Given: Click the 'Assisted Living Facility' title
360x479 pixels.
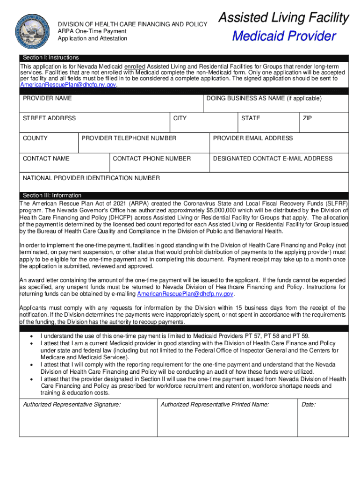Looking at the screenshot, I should click(x=284, y=18).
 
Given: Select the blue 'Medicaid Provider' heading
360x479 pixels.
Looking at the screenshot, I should click(x=284, y=36).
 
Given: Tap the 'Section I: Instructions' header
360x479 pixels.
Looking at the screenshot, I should click(x=51, y=58).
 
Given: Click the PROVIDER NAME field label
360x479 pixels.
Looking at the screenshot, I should click(x=47, y=98).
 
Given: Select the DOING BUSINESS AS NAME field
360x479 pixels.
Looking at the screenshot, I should click(x=264, y=98).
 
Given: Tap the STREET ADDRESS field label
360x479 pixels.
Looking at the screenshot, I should click(x=49, y=118).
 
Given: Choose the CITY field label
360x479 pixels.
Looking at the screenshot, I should click(x=180, y=118).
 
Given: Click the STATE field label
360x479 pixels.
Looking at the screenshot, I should click(x=251, y=118).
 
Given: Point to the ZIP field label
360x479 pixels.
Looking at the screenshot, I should click(x=307, y=118).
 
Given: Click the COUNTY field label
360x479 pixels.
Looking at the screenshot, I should click(x=35, y=138).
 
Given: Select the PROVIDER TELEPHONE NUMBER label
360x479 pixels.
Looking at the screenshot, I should click(x=129, y=138).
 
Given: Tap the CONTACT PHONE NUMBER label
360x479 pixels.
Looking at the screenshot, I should click(x=152, y=159).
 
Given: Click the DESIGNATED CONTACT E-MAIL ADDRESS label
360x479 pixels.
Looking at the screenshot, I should click(x=273, y=159).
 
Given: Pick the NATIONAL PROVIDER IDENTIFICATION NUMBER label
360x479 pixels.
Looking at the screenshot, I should click(x=92, y=178).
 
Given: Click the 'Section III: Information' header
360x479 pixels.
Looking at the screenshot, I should click(x=52, y=196).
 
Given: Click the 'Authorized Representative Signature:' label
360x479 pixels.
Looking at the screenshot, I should click(x=72, y=405).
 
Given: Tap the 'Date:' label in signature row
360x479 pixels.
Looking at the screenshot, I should click(x=309, y=405).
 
